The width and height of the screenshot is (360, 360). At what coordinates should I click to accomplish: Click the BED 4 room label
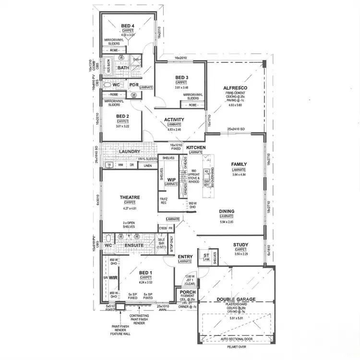(127, 25)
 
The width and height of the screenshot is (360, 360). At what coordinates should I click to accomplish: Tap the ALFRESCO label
(235, 88)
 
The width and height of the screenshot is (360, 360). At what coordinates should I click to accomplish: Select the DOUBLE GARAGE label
(235, 300)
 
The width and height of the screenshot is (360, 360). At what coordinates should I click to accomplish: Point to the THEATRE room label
(130, 197)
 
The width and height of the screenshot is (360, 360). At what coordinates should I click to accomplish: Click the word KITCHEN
(196, 147)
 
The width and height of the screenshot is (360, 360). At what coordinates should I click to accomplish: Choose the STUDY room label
(240, 245)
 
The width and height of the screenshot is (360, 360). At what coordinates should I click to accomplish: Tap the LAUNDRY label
(129, 152)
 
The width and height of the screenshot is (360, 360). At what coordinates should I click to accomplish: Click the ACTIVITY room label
(174, 120)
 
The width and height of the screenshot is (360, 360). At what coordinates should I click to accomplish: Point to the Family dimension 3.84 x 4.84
(239, 175)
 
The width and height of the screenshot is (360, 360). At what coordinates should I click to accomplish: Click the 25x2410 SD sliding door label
(236, 129)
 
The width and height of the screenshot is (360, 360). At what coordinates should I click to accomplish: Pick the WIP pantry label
(171, 180)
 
